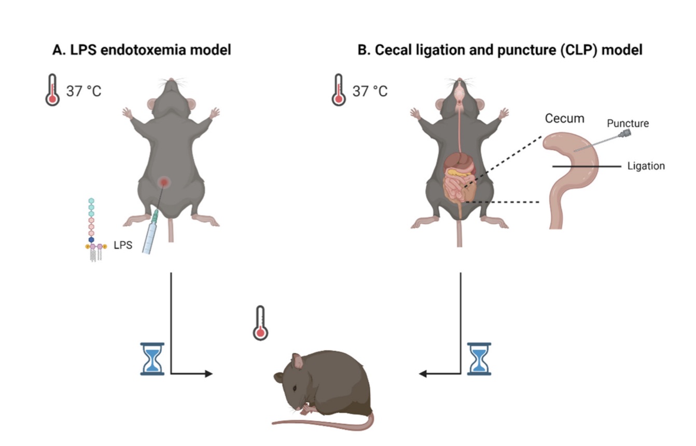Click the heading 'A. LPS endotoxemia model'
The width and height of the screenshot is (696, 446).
coord(141,50)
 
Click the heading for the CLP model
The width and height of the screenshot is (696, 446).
coord(500,50)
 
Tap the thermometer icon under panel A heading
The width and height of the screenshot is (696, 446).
coord(52,90)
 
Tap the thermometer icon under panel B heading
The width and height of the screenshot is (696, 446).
coord(339,90)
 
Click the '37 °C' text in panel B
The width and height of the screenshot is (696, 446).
coord(370,91)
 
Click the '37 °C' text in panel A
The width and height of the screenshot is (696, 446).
coord(83,91)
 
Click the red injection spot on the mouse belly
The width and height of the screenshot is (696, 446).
coord(165,182)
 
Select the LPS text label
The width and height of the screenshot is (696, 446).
coord(123,246)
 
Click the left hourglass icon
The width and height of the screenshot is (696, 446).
coord(152,358)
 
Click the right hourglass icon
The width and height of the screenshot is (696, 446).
coord(479,358)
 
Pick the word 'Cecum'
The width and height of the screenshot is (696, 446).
coord(564,118)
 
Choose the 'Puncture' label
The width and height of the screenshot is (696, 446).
coord(628,123)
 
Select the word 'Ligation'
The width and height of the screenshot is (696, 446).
coord(646,166)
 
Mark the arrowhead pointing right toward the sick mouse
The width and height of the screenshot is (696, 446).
coord(208,373)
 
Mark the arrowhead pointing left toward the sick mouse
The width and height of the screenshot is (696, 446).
coord(423,373)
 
